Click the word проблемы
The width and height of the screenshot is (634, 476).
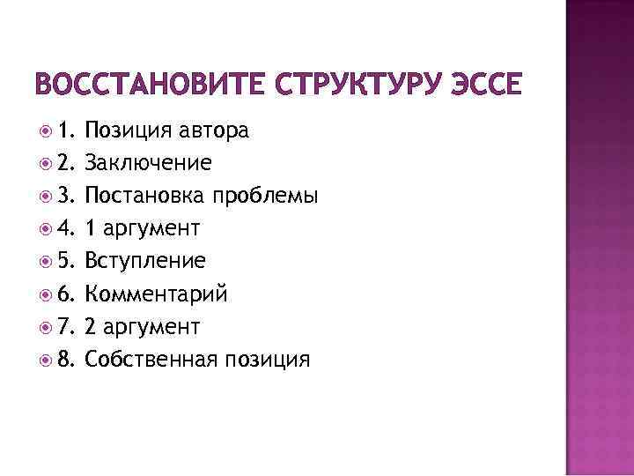[270, 197]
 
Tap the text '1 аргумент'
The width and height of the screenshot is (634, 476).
[144, 229]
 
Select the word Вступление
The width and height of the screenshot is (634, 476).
[146, 262]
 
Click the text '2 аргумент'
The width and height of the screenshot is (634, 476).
[144, 327]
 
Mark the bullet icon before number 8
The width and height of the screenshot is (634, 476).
[46, 361]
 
